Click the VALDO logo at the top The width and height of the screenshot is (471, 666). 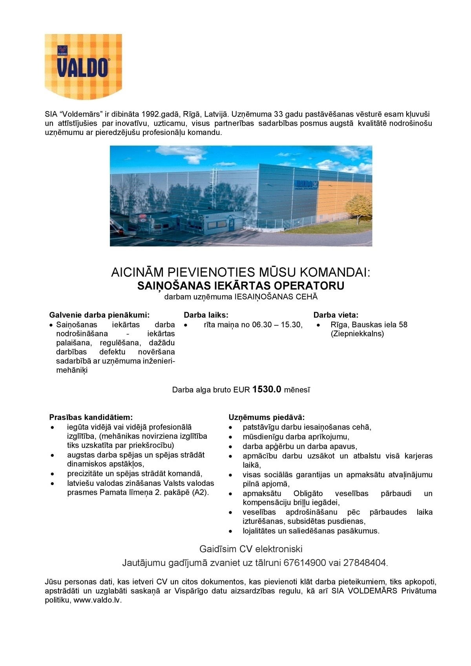[83, 66]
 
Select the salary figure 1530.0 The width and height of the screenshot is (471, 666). [267, 389]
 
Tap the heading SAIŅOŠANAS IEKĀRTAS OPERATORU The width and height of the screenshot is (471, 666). [241, 285]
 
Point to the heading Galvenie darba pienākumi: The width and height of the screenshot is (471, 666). [99, 315]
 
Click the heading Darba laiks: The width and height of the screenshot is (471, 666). [206, 315]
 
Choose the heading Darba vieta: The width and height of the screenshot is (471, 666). [336, 315]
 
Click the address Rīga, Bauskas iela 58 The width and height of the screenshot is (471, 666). [369, 325]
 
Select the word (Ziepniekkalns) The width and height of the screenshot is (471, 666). [357, 334]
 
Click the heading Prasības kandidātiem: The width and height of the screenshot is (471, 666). [91, 417]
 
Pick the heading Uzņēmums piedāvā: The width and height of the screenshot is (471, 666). [267, 417]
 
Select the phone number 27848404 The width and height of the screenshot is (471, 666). [365, 563]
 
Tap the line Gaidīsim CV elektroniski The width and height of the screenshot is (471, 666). [251, 548]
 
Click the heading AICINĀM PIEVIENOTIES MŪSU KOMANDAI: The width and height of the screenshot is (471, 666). [241, 272]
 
